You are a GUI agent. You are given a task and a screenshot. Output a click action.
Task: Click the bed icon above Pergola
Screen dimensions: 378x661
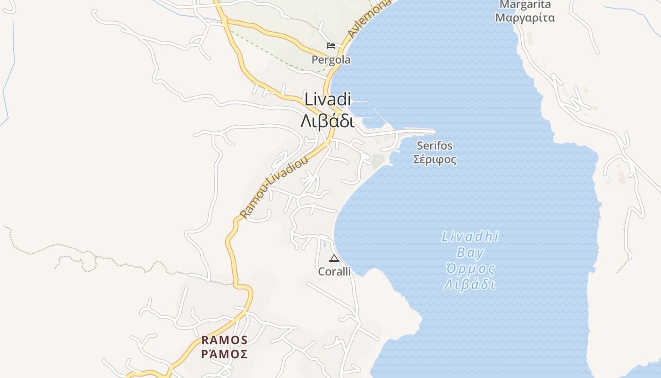tap(331, 46)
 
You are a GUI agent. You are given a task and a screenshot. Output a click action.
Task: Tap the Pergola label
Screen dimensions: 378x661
tap(331, 60)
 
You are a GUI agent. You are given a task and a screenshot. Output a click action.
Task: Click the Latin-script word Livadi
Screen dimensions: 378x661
tap(328, 100)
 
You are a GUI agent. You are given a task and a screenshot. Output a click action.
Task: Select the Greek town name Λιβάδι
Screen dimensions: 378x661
tap(327, 121)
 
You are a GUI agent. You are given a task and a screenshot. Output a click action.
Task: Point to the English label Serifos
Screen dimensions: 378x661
tap(434, 146)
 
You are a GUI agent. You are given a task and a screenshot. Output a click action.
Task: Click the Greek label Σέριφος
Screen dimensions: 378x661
tap(434, 159)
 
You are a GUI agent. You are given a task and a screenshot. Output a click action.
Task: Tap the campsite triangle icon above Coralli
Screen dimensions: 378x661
tap(334, 258)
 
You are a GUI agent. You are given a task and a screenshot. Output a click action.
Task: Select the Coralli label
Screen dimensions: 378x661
tap(334, 272)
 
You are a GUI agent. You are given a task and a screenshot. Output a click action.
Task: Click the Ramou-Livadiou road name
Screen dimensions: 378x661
tap(274, 187)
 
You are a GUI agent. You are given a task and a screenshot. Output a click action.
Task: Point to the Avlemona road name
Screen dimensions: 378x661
tap(370, 19)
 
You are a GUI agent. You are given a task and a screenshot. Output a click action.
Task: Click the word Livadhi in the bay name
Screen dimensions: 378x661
tap(470, 237)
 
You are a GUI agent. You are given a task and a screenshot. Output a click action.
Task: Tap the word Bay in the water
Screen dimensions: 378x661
tap(470, 253)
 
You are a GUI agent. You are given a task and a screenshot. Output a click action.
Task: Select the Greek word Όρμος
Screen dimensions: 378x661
tap(470, 269)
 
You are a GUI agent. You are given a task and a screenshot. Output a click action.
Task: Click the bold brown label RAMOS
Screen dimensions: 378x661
tap(225, 340)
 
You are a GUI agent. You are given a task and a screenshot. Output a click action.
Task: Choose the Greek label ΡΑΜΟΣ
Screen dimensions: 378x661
tap(225, 354)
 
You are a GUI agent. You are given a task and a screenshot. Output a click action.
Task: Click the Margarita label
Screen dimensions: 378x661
tap(525, 5)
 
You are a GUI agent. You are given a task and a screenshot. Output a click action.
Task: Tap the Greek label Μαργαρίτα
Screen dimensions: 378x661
tap(525, 18)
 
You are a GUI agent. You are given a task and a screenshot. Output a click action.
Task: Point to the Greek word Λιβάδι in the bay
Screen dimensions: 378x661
tap(470, 285)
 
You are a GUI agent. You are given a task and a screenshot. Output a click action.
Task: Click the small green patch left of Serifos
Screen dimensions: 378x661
tap(378, 161)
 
